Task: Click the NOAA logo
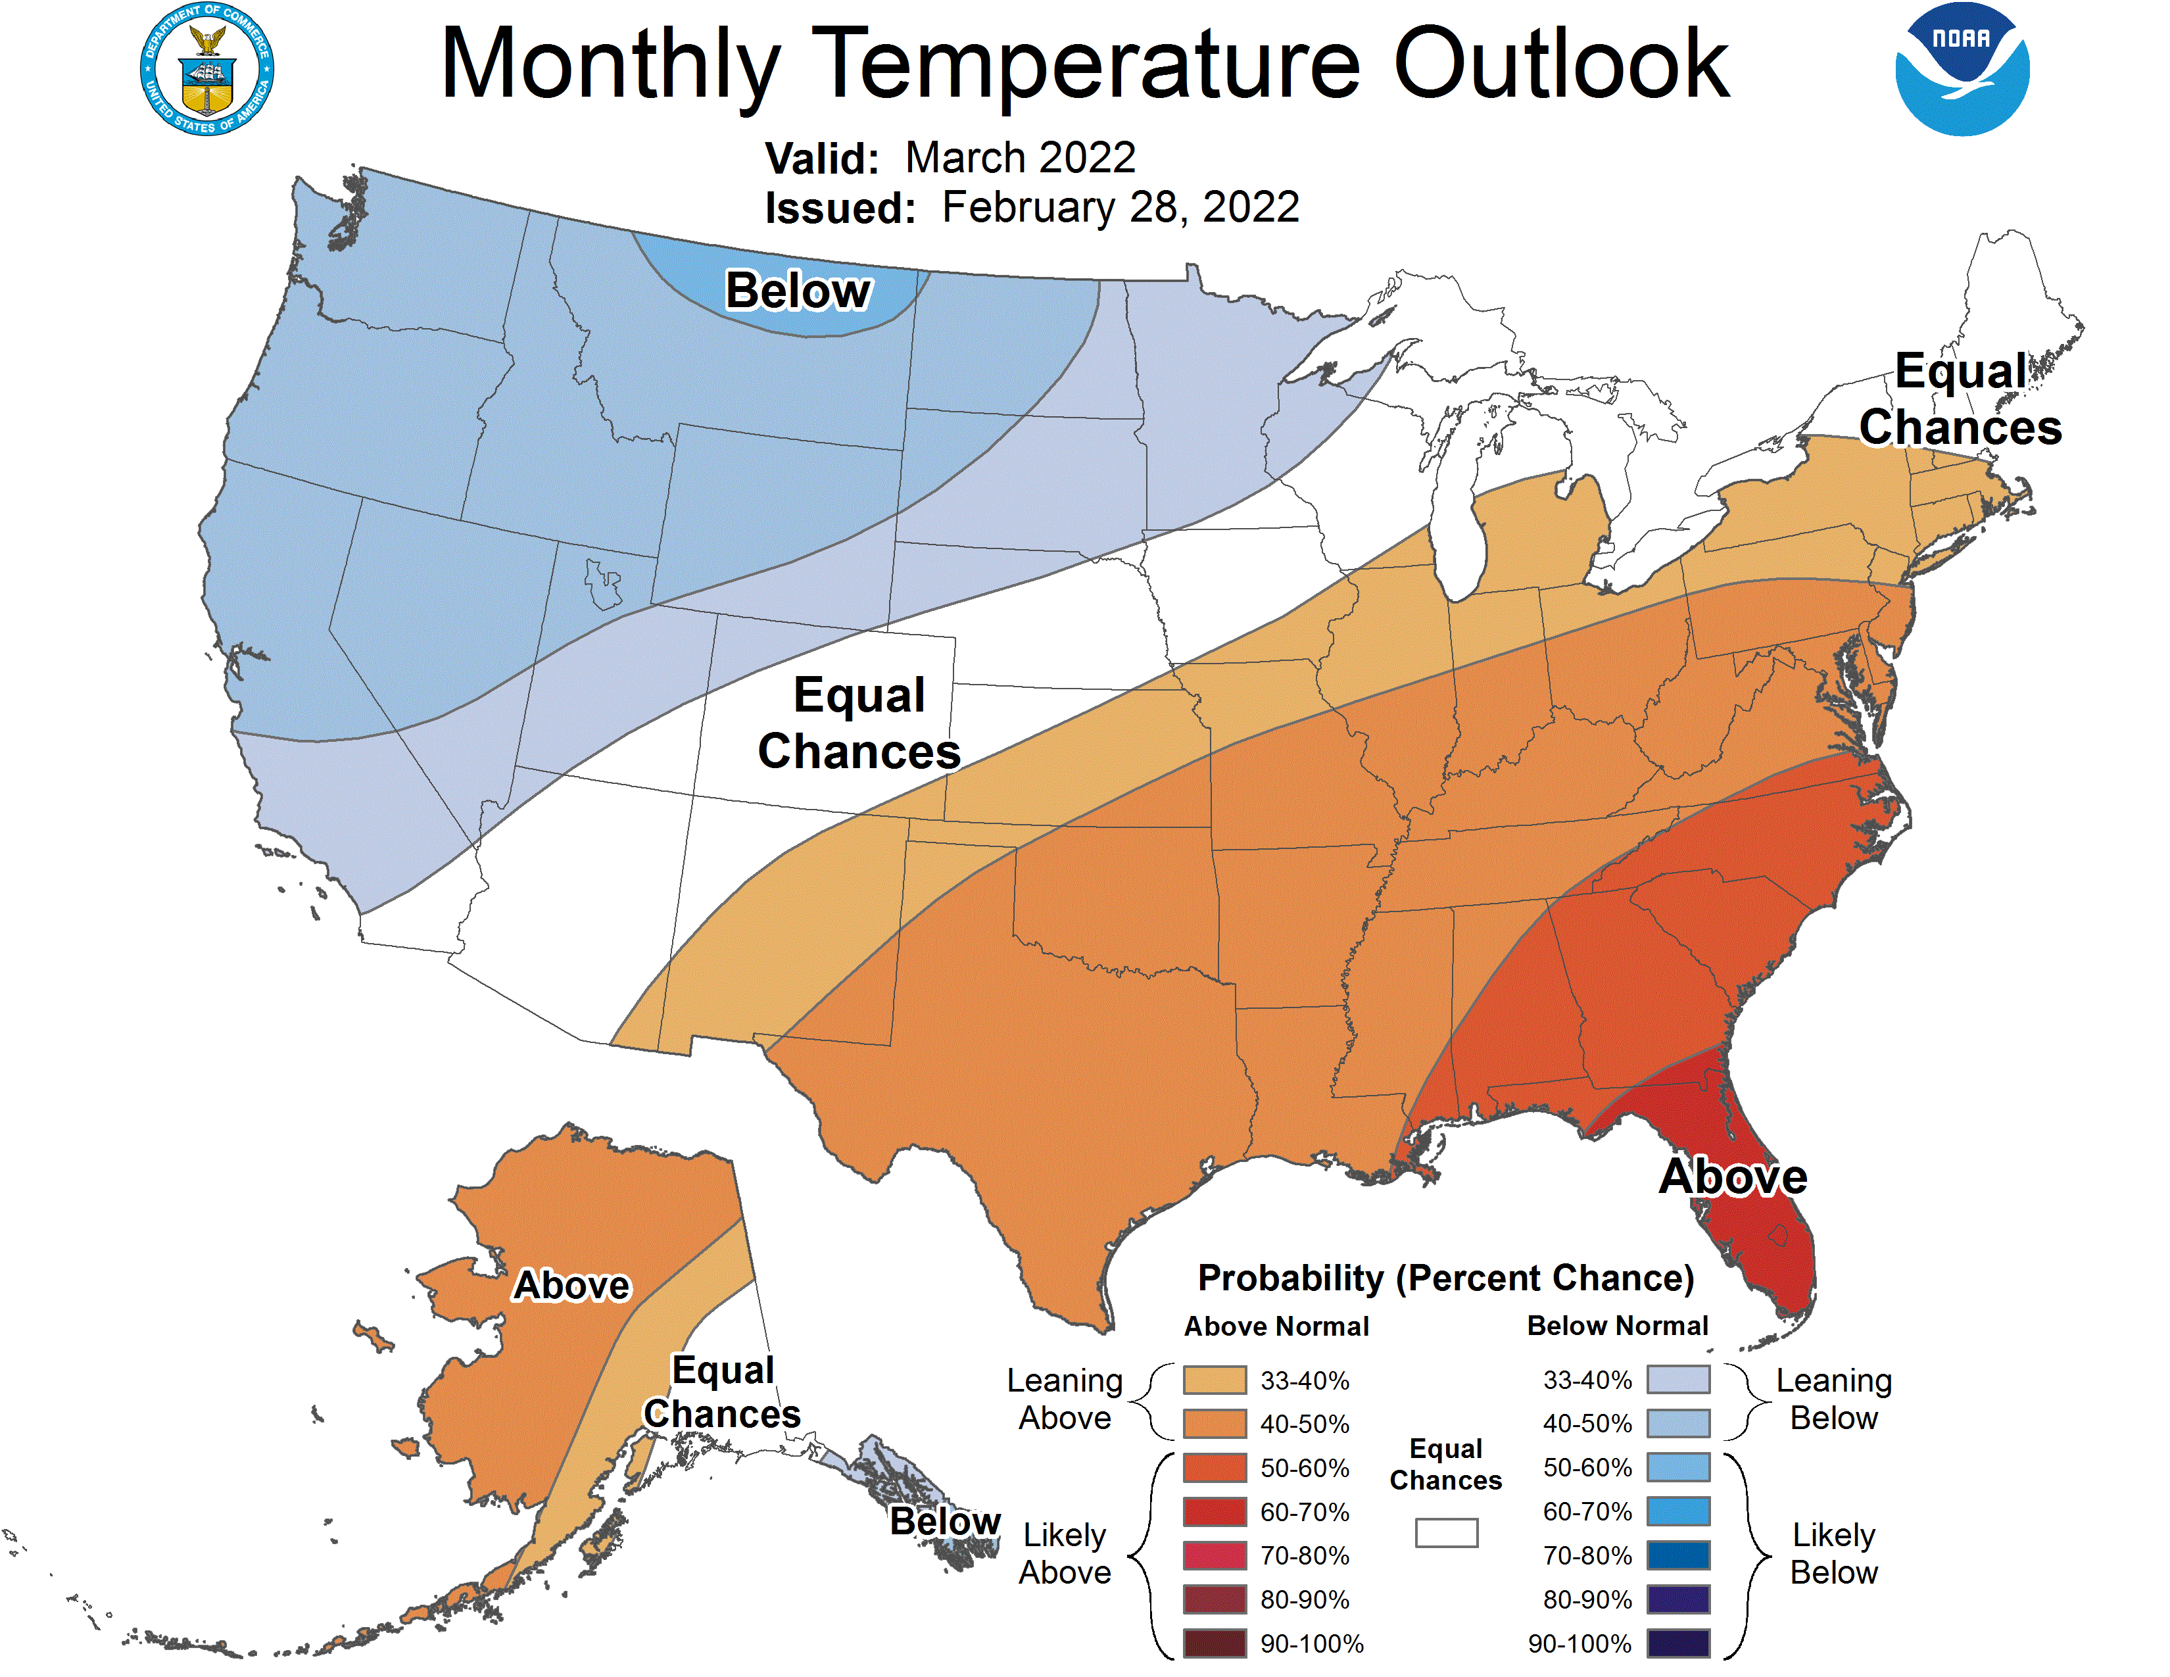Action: pos(1962,70)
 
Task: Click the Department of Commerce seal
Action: pos(206,70)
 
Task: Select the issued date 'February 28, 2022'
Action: pos(1120,208)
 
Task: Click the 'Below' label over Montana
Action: pos(797,291)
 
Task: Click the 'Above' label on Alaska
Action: pos(571,1286)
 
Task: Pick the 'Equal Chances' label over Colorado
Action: pos(859,723)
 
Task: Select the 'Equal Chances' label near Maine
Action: pos(1960,399)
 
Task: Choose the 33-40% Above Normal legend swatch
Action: pos(1214,1380)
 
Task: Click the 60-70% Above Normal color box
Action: pos(1214,1512)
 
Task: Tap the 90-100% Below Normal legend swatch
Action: pos(1678,1643)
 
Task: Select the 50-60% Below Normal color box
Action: pos(1678,1467)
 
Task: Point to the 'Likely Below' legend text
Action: pos(1833,1554)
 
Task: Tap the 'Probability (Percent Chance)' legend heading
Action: pos(1445,1278)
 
